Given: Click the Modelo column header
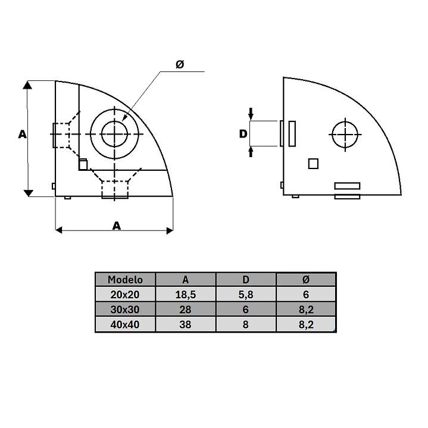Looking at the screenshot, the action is [x=125, y=280].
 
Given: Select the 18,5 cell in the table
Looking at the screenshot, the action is [x=186, y=295].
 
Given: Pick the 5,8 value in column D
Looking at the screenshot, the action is [x=246, y=295].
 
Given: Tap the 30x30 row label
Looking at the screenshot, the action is [x=125, y=310].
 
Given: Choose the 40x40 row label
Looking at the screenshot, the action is [x=125, y=324].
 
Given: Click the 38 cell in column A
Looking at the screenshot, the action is [x=185, y=324].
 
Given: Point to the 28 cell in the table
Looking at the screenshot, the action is [x=185, y=310].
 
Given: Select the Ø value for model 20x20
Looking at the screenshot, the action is [x=306, y=295].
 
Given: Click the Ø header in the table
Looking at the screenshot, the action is [x=306, y=280].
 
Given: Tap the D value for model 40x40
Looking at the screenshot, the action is [x=246, y=324].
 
